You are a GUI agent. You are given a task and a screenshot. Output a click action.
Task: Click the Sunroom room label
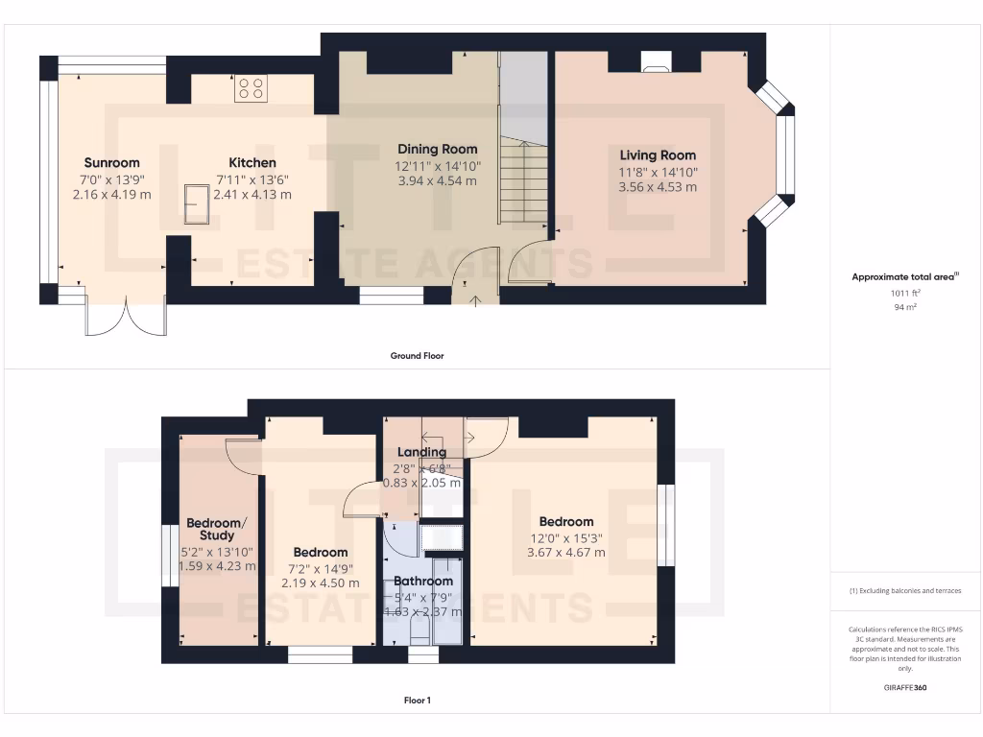(x=111, y=162)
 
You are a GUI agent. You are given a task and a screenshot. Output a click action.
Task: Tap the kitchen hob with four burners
(x=252, y=89)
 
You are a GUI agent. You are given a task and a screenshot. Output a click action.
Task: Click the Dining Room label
(x=437, y=149)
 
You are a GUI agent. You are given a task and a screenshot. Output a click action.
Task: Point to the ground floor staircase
(x=523, y=182)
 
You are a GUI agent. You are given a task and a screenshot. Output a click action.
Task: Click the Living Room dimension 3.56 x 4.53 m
(x=658, y=187)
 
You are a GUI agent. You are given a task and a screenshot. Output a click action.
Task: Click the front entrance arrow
(x=476, y=300)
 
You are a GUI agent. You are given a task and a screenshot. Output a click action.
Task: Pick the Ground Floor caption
(x=417, y=356)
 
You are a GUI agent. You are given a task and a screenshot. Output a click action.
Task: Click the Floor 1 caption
(x=417, y=701)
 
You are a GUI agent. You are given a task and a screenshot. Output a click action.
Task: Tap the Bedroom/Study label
(x=216, y=529)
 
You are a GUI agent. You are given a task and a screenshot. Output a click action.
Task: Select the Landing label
(x=422, y=452)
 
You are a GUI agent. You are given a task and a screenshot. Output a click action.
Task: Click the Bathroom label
(x=422, y=581)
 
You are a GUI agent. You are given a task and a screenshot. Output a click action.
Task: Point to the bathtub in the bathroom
(x=446, y=601)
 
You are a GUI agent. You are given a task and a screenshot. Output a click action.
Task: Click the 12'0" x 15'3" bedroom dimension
(x=565, y=537)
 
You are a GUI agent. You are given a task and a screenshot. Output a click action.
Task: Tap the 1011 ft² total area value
(x=905, y=294)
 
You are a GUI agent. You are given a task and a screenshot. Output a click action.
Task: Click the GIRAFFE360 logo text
(x=905, y=688)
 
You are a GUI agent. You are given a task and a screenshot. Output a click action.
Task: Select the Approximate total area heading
(x=905, y=277)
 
